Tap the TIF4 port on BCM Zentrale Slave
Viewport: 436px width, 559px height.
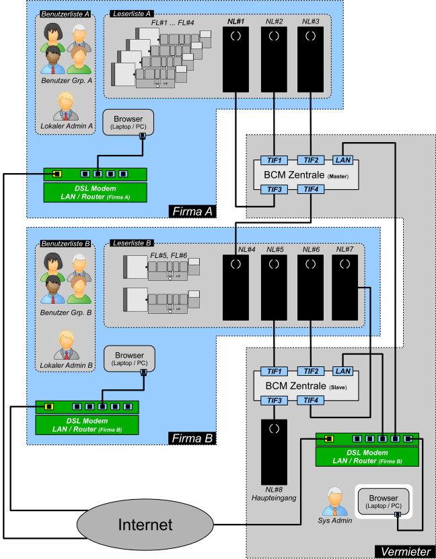[310, 401]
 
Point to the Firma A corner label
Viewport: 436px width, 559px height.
[191, 211]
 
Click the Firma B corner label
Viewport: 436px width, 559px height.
[191, 438]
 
